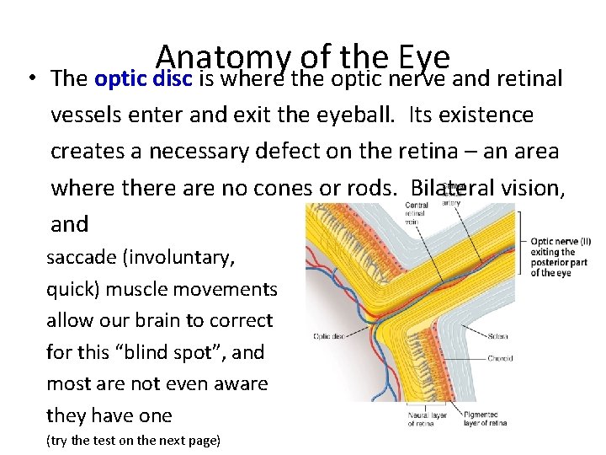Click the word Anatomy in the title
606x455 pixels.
[222, 57]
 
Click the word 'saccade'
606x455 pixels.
[82, 258]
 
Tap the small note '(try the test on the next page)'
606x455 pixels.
[133, 440]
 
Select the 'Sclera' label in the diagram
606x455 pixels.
[498, 336]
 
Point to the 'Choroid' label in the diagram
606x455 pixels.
[500, 359]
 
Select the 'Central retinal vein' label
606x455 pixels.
[417, 214]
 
